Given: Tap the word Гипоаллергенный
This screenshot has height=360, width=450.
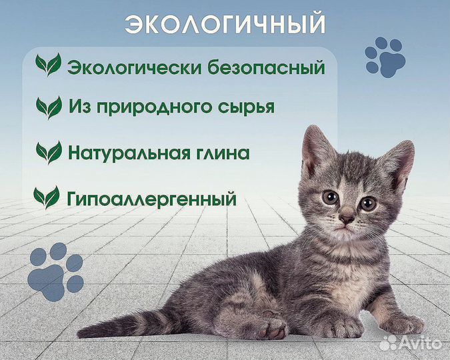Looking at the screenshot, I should pyautogui.click(x=152, y=198).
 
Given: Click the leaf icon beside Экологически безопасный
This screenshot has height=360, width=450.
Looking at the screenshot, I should pyautogui.click(x=48, y=65).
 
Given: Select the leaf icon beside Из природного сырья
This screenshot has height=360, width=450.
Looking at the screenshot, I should pyautogui.click(x=49, y=107).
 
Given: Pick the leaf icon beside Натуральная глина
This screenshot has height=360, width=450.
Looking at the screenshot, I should pyautogui.click(x=49, y=152).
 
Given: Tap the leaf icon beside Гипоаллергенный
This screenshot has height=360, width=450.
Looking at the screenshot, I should pyautogui.click(x=47, y=197).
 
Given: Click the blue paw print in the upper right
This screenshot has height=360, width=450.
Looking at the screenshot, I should pyautogui.click(x=385, y=57).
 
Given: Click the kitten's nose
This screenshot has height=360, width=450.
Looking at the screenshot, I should pyautogui.click(x=347, y=218).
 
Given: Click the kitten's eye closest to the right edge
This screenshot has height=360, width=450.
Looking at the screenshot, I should pyautogui.click(x=368, y=203).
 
